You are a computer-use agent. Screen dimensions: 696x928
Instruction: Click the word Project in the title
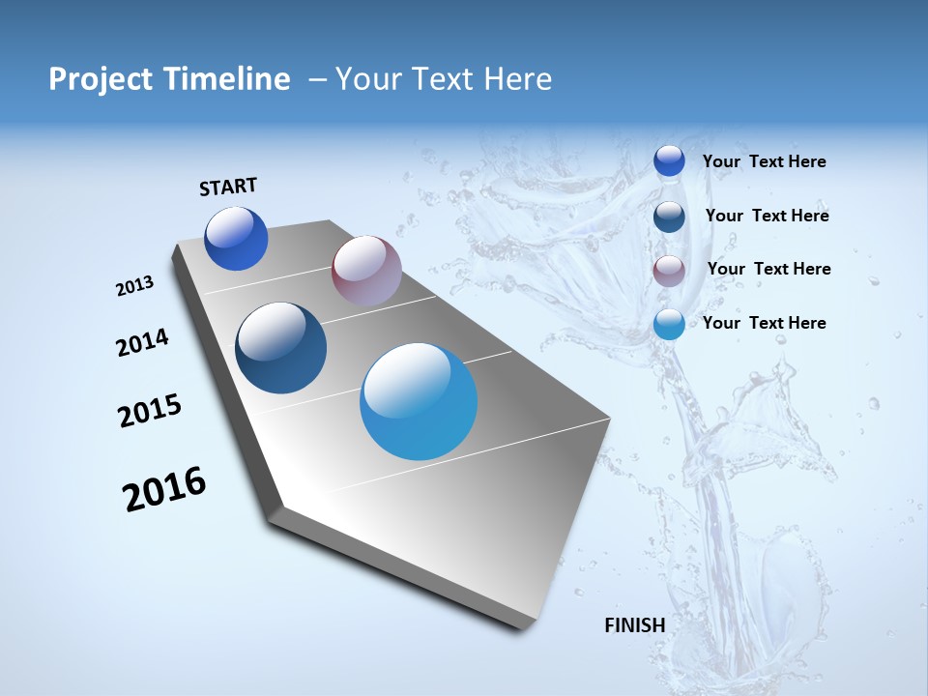(x=99, y=79)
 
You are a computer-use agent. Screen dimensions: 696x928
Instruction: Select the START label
(x=228, y=187)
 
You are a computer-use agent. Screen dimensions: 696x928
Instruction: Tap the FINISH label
(x=635, y=625)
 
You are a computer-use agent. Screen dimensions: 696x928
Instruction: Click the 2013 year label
(x=134, y=286)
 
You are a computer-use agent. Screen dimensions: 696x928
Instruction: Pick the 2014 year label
(x=142, y=343)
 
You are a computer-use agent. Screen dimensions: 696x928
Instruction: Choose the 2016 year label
(x=164, y=489)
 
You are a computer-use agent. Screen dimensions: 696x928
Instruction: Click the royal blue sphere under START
(x=236, y=239)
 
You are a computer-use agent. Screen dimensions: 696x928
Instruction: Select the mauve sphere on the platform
(x=366, y=271)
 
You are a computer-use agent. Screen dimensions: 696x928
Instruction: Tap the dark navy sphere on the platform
(x=280, y=348)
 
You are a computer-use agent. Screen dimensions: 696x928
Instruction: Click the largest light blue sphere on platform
(x=419, y=400)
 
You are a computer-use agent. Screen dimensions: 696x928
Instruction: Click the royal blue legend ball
(x=669, y=161)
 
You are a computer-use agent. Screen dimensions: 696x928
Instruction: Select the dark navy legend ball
(x=669, y=217)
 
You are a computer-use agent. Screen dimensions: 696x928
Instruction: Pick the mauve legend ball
(x=669, y=271)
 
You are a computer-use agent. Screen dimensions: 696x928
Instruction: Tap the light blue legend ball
(x=669, y=324)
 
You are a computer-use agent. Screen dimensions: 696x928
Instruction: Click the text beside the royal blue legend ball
(x=764, y=161)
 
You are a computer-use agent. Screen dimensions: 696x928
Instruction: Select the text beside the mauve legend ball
(x=768, y=269)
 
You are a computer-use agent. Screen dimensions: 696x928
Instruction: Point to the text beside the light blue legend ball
(x=764, y=323)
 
